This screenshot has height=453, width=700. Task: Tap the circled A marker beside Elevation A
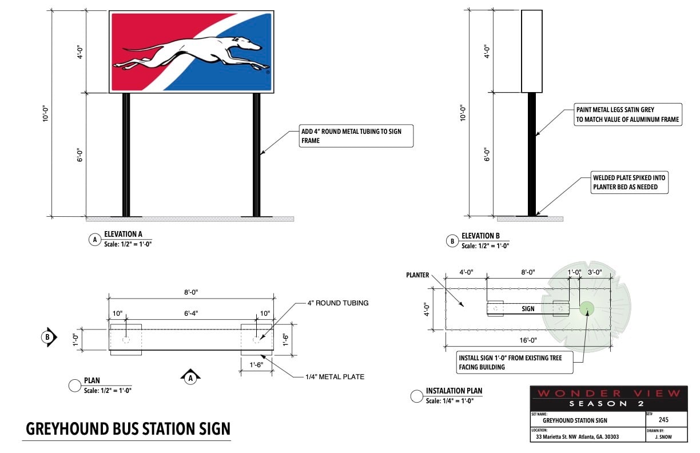click(x=94, y=240)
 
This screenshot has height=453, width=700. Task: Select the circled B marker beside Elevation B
click(x=452, y=241)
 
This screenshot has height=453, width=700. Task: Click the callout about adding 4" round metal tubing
click(x=355, y=136)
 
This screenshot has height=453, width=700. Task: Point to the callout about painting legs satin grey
click(x=627, y=114)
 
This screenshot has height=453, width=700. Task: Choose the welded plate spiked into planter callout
click(x=629, y=182)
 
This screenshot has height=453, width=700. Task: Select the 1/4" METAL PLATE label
click(x=335, y=376)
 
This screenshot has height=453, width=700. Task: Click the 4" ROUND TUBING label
click(x=338, y=303)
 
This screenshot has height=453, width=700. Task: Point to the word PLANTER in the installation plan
click(x=417, y=275)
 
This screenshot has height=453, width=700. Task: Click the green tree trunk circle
click(x=586, y=308)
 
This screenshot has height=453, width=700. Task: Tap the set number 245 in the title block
click(x=663, y=420)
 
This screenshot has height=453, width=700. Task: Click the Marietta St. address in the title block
click(x=577, y=437)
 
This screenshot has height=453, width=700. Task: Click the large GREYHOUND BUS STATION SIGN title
click(x=128, y=429)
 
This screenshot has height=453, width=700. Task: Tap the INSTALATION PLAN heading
click(x=454, y=391)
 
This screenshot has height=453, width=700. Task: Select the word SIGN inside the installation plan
click(x=528, y=309)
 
